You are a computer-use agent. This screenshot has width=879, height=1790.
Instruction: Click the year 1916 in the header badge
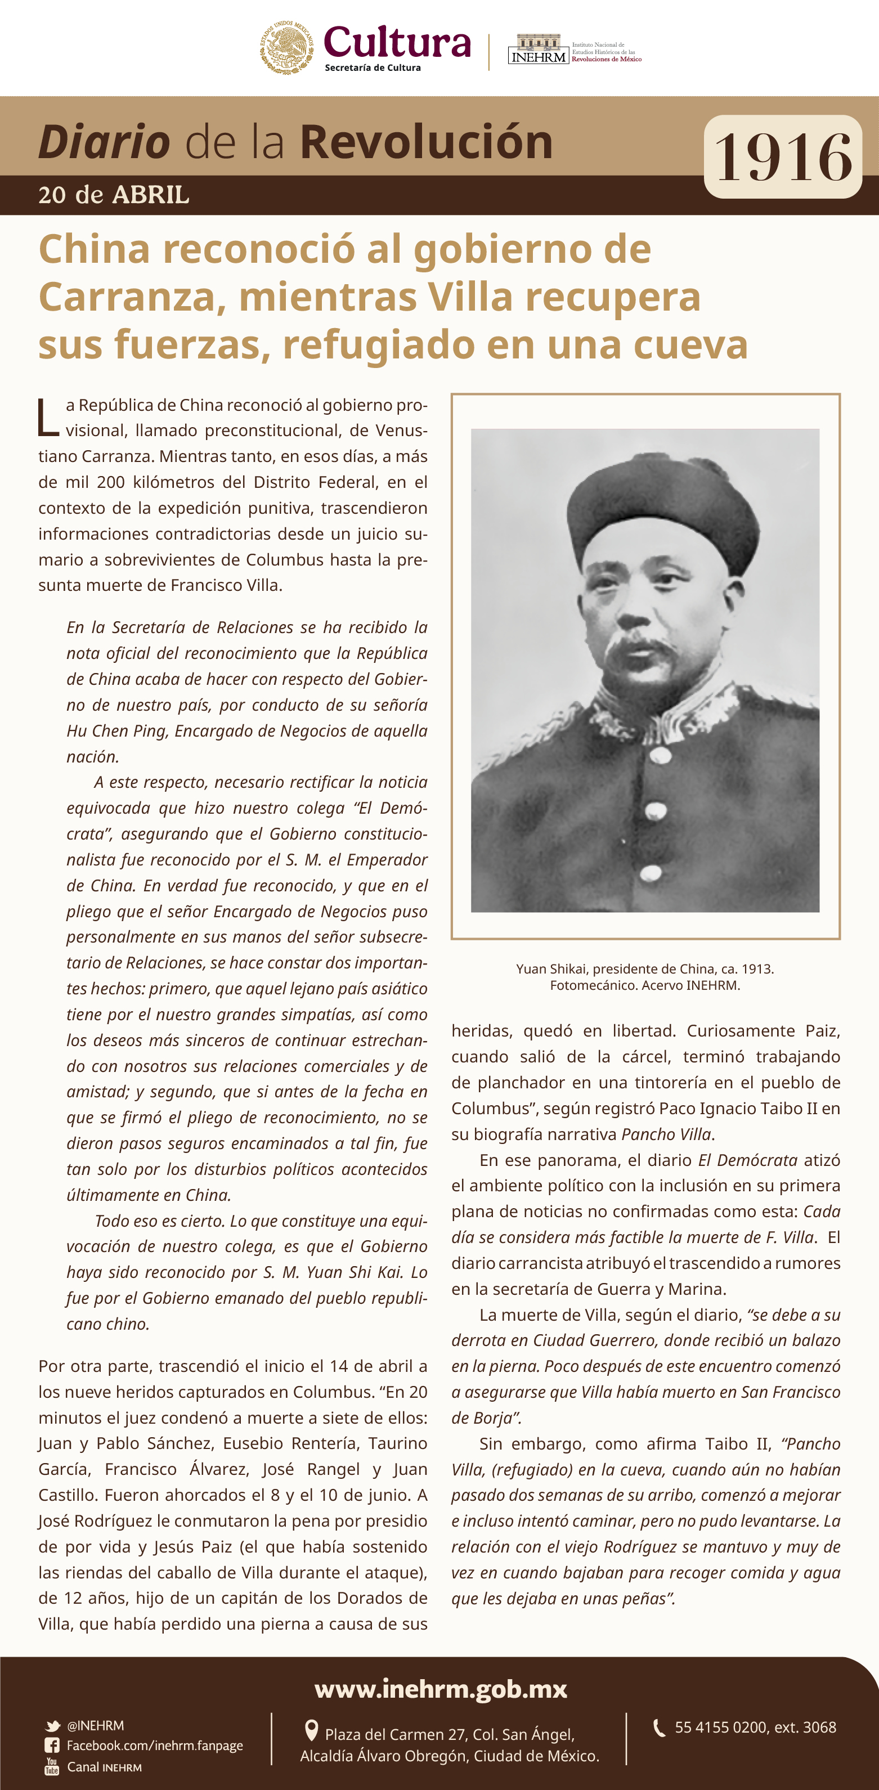click(x=783, y=158)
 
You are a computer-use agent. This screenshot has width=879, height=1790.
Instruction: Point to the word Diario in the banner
click(x=104, y=142)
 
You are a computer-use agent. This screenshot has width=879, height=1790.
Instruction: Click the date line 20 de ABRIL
click(x=113, y=195)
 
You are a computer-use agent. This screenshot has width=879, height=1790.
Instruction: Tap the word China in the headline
click(x=94, y=249)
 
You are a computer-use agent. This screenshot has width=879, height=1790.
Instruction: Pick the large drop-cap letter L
click(x=47, y=417)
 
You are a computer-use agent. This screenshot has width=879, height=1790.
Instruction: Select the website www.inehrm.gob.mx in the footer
click(x=441, y=1689)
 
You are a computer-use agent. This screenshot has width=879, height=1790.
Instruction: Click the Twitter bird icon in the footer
click(x=52, y=1726)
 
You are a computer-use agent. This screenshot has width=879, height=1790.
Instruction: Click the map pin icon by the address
click(x=312, y=1730)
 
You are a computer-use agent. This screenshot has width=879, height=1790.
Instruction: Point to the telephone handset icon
click(x=659, y=1728)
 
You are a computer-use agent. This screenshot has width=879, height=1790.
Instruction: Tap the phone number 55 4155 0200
click(x=720, y=1728)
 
